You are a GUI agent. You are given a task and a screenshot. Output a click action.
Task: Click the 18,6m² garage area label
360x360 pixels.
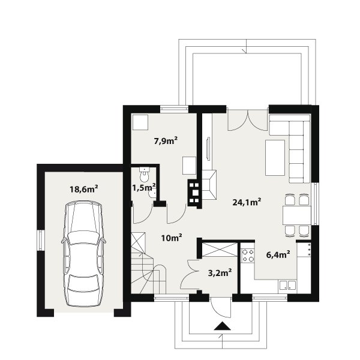[x=84, y=189]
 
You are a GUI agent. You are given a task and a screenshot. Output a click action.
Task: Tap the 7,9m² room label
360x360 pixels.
[x=166, y=140]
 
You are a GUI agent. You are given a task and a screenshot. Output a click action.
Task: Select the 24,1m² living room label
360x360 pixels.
[x=247, y=202]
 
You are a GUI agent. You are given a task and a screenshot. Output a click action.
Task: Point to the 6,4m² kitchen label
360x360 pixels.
[x=278, y=254]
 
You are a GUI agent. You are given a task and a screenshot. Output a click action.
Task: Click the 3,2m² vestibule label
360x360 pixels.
[x=219, y=273]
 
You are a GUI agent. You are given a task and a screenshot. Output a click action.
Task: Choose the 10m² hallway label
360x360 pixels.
[x=172, y=238]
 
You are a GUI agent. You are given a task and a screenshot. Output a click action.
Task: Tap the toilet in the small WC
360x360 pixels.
[x=145, y=174]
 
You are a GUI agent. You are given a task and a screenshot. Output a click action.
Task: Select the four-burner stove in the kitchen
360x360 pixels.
[x=248, y=256]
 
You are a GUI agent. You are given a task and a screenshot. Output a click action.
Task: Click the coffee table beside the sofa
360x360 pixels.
[x=275, y=158]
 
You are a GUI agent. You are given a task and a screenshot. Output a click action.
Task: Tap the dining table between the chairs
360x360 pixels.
[x=296, y=215]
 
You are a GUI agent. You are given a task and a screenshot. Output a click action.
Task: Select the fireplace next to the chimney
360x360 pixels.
[x=209, y=185]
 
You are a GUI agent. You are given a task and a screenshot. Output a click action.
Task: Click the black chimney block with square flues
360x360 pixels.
[x=194, y=193]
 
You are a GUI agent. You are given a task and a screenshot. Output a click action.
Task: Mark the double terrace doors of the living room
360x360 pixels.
[x=248, y=121]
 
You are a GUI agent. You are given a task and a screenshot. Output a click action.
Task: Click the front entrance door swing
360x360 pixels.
[x=220, y=308]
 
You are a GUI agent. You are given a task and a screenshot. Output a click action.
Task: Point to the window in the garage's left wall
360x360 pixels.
[x=41, y=240]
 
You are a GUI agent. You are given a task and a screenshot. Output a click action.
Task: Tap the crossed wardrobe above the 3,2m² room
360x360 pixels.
[x=219, y=250]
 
